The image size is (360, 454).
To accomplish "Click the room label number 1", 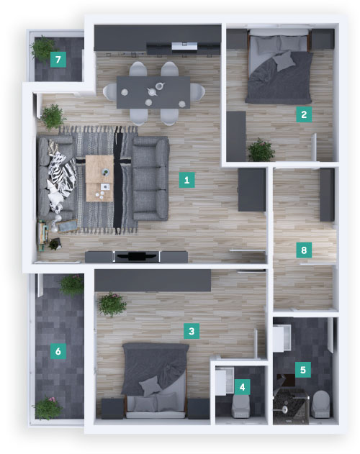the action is (186, 180).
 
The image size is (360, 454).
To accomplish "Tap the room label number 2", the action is (304, 114).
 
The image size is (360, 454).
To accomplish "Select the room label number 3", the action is (192, 331).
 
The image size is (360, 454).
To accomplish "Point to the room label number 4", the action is (242, 387).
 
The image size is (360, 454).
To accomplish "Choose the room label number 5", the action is (303, 370).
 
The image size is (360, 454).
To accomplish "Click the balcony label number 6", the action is (58, 351).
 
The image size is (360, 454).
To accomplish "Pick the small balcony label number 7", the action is (58, 60).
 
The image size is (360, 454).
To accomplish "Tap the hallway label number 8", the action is (304, 250).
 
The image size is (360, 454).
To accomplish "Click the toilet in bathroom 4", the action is (241, 406).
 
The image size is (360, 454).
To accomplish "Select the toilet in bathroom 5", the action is (320, 404).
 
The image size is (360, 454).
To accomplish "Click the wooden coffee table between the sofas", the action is (99, 178).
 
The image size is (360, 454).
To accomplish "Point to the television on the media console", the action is (137, 257).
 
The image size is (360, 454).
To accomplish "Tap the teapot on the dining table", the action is (153, 91).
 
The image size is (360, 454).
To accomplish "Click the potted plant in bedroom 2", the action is (261, 150).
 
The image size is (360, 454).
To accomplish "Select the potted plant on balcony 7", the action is (42, 48).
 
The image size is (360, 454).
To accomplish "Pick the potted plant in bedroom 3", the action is (112, 304).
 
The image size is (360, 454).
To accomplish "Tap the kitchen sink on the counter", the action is (184, 46).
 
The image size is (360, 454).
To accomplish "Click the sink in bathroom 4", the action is (224, 381).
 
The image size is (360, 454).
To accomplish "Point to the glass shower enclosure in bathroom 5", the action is (291, 407).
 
